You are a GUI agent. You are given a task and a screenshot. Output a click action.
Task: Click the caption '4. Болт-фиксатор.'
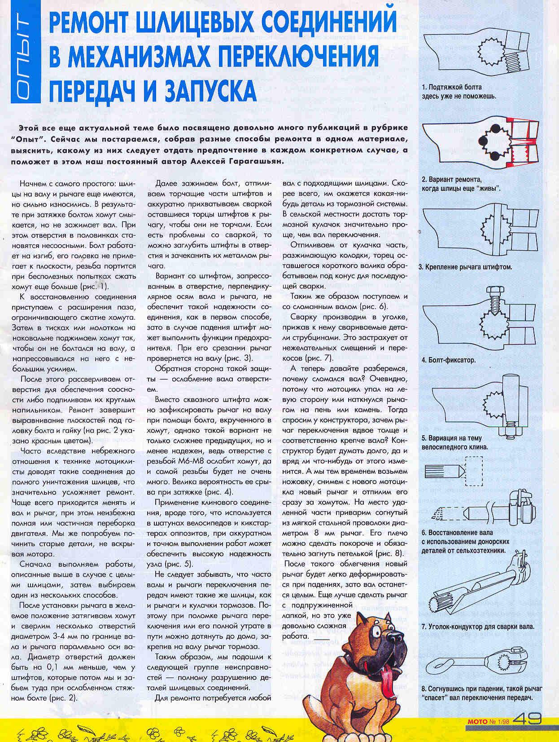point(449,360)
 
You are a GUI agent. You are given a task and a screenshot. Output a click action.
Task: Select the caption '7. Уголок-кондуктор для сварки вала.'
point(478,627)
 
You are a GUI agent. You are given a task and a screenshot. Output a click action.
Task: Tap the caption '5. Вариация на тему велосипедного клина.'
point(451,442)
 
